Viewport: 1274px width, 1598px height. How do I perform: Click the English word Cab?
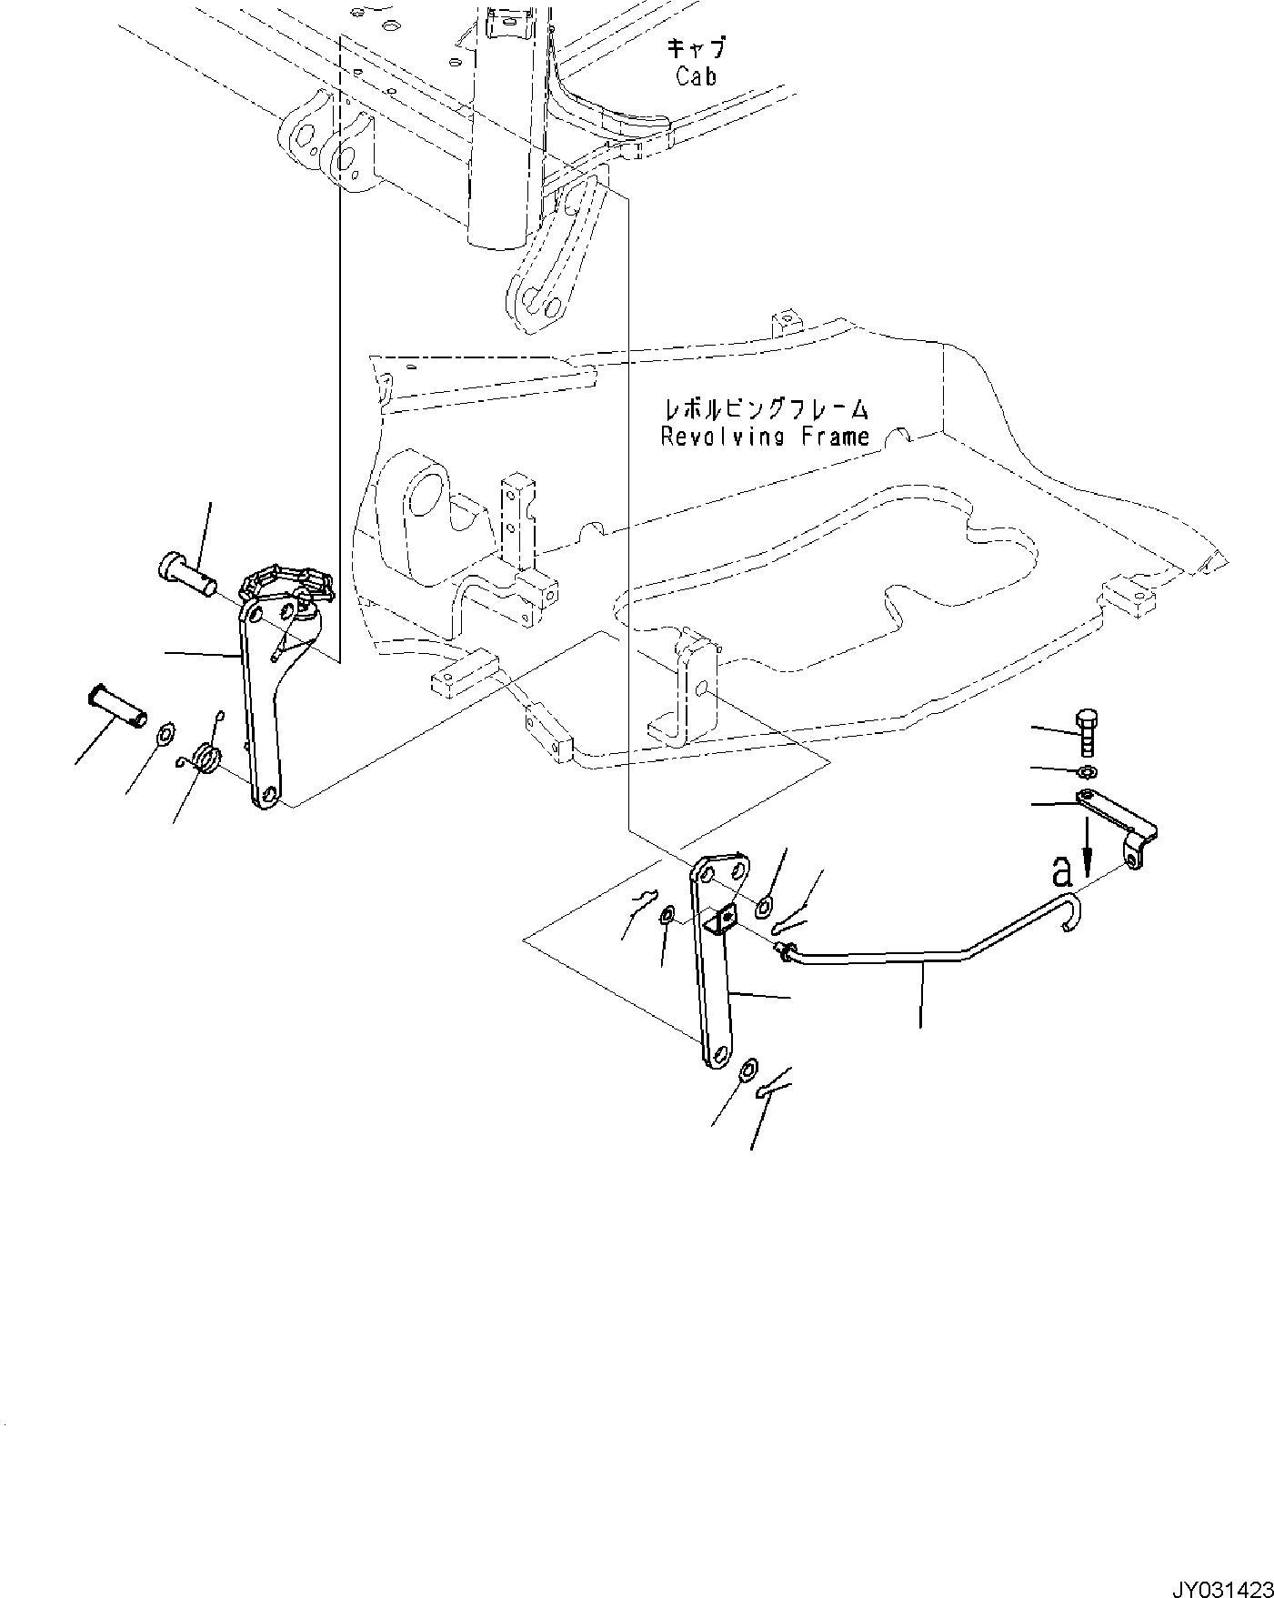[696, 76]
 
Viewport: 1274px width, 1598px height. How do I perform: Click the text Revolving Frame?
[765, 436]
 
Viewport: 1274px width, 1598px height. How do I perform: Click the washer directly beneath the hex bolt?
[1085, 772]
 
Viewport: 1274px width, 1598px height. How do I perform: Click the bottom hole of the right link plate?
[719, 1056]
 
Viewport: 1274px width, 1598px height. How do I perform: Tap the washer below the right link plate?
[747, 1070]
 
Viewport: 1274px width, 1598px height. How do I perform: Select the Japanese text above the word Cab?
[697, 47]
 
